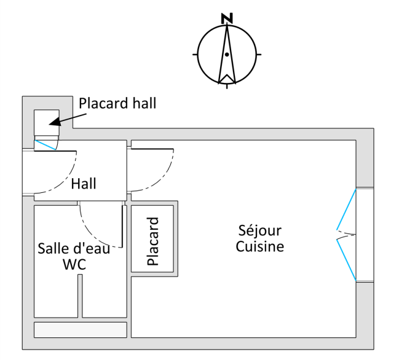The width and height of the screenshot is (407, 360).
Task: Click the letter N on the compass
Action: click(x=227, y=18)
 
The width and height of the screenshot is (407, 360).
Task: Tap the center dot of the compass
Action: click(x=227, y=55)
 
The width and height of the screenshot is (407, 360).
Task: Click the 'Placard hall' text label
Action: click(x=117, y=103)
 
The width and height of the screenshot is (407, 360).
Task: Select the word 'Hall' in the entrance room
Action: click(x=84, y=183)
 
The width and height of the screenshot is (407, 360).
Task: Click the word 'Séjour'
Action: click(x=260, y=231)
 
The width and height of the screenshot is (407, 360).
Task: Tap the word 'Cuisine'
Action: click(x=260, y=247)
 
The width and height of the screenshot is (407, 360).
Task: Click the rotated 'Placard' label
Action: click(x=153, y=241)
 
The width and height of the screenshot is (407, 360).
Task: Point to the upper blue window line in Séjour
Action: click(x=346, y=209)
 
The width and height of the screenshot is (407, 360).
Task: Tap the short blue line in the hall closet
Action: click(x=44, y=145)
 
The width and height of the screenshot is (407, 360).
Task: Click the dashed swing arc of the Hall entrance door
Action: click(x=68, y=178)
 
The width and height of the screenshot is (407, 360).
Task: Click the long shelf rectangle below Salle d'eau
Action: click(x=80, y=329)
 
